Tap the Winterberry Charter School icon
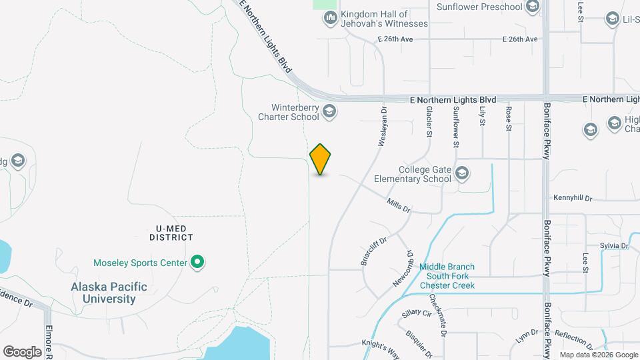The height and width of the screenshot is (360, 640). click(329, 111)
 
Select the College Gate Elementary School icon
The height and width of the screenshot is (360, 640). click(462, 174)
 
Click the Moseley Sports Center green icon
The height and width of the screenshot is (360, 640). click(197, 262)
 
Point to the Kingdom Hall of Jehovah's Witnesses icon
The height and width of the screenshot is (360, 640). click(329, 18)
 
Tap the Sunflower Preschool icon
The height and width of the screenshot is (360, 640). click(532, 7)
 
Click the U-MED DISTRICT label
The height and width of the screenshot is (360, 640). click(171, 232)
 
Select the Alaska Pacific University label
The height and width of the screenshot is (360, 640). click(109, 293)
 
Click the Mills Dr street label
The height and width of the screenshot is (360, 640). click(399, 204)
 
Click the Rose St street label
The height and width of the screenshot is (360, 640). click(509, 119)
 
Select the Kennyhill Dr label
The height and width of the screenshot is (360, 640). click(573, 198)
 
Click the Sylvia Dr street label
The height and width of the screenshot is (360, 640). click(614, 246)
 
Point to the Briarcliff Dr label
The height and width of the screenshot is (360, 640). click(373, 251)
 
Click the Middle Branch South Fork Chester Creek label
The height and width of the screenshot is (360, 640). click(447, 276)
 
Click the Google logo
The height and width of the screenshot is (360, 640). click(22, 351)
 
